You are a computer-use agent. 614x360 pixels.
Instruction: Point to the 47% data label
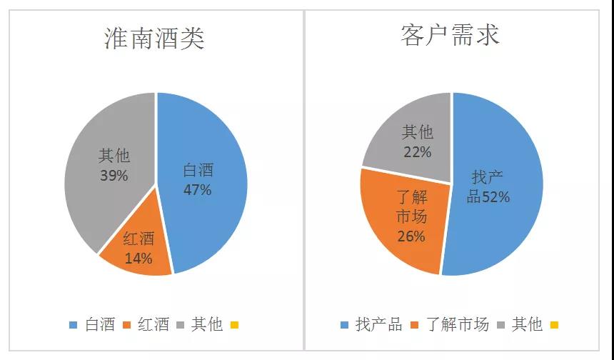[197, 190]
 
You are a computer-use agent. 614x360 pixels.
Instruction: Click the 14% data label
[139, 259]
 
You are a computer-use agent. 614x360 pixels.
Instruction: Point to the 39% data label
[114, 175]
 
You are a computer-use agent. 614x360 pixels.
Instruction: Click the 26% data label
[411, 236]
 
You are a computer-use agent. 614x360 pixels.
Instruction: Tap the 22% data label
[417, 152]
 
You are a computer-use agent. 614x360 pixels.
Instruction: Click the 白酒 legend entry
[93, 325]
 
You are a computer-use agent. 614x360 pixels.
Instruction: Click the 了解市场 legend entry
[450, 325]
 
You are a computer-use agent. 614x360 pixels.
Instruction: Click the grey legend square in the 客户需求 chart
[503, 326]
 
